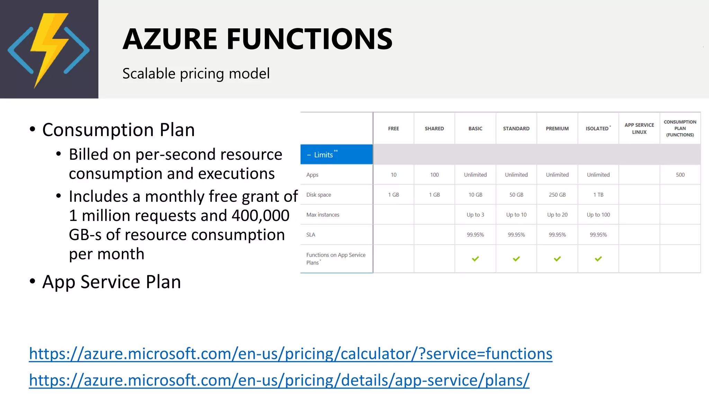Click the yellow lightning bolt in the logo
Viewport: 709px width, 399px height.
coord(48,48)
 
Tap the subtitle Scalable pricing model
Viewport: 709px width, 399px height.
coord(196,73)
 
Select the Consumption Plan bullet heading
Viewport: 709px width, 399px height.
coord(118,130)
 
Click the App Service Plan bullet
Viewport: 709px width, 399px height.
coord(111,282)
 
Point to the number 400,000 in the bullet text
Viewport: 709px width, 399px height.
coord(260,215)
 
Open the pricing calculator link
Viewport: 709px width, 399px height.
coord(290,354)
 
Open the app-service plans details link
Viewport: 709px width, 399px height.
coord(279,380)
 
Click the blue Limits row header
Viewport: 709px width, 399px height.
coord(336,154)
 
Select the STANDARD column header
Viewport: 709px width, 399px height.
coord(516,128)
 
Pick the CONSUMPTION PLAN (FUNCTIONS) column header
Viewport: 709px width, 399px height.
coord(680,128)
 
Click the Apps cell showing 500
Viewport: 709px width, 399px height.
coord(680,175)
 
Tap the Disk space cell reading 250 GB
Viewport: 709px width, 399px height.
coord(557,195)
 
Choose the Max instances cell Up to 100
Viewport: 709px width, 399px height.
coord(598,215)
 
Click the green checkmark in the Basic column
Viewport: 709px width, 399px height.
coord(475,259)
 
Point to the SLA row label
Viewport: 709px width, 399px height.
coord(311,235)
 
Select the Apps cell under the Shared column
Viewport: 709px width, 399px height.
coord(434,175)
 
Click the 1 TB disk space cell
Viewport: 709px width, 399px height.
coord(598,195)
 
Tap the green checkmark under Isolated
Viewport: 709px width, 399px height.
coord(598,259)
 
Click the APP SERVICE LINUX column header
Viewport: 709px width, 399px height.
coord(639,128)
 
